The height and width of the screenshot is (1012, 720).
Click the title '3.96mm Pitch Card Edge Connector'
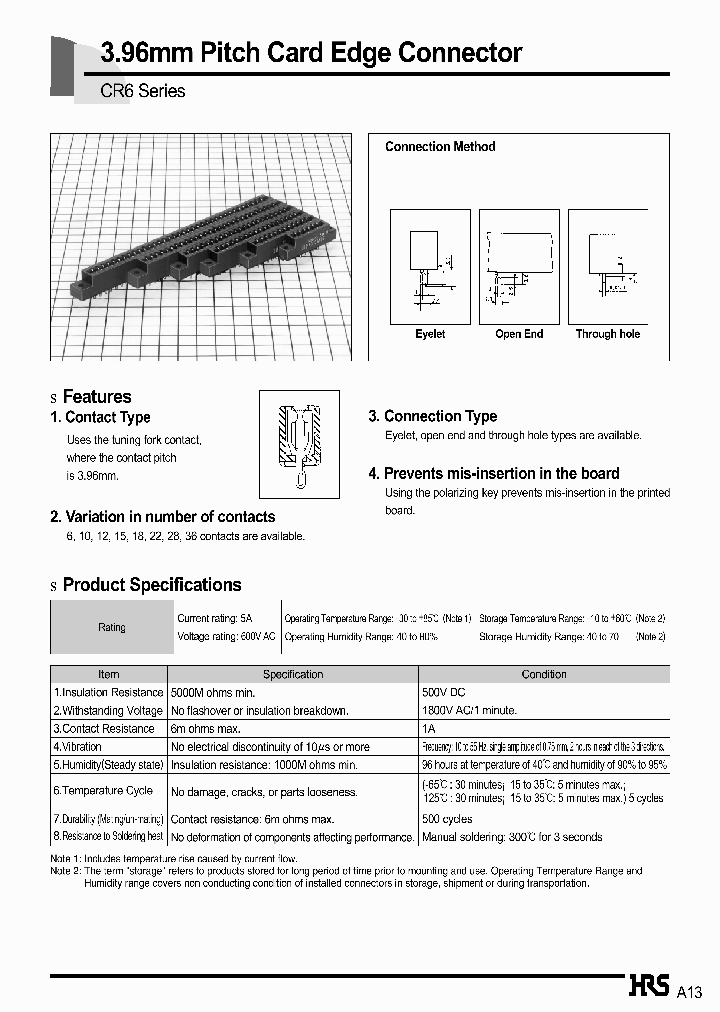pos(311,53)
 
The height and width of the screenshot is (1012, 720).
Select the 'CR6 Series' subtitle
pos(142,91)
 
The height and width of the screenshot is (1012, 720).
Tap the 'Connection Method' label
pos(440,147)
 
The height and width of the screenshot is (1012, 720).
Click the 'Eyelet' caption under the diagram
pos(430,334)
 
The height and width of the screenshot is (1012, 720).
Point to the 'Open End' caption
pos(519,334)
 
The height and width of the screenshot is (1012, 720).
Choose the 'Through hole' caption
pos(607,334)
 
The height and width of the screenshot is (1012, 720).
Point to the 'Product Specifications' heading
pos(152,585)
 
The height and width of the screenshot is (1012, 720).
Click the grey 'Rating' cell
pos(112,628)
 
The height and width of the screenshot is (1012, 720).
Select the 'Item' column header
pos(108,675)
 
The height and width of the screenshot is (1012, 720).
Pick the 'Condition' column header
pos(544,675)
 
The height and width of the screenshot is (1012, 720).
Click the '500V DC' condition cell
pos(444,692)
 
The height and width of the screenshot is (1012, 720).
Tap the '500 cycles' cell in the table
pos(447,819)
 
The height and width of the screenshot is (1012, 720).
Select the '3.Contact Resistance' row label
pos(104,728)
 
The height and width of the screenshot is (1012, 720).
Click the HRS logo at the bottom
pos(648,987)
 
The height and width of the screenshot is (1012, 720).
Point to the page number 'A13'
pos(690,992)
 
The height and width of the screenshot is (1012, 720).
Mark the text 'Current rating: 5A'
pos(215,619)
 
